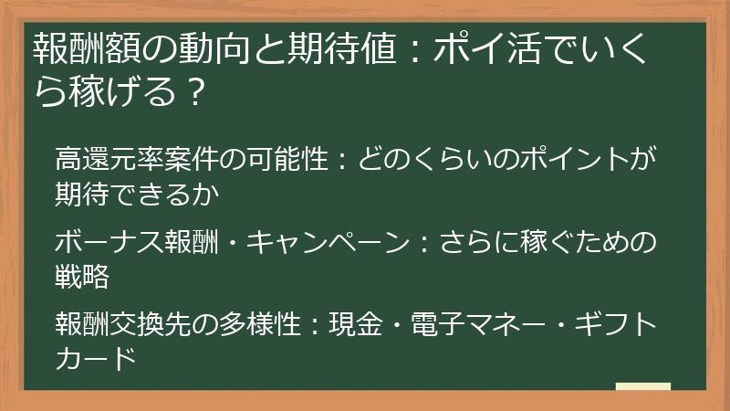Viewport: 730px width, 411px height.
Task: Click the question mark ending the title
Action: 191,91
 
